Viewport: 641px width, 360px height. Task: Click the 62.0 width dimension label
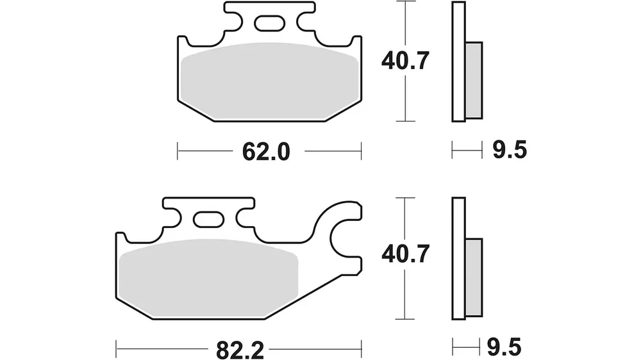pyautogui.click(x=266, y=152)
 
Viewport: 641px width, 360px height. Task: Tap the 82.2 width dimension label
pyautogui.click(x=240, y=350)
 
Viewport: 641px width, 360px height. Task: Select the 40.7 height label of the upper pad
pyautogui.click(x=405, y=61)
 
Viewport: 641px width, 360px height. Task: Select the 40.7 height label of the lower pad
pyautogui.click(x=405, y=254)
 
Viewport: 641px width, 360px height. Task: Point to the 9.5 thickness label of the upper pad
pyautogui.click(x=510, y=149)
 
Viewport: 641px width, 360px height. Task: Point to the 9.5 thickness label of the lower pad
pyautogui.click(x=504, y=348)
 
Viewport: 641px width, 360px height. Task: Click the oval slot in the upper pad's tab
pyautogui.click(x=269, y=23)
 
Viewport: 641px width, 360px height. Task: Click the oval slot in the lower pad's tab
pyautogui.click(x=208, y=220)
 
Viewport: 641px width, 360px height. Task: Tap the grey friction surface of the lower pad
pyautogui.click(x=208, y=278)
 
